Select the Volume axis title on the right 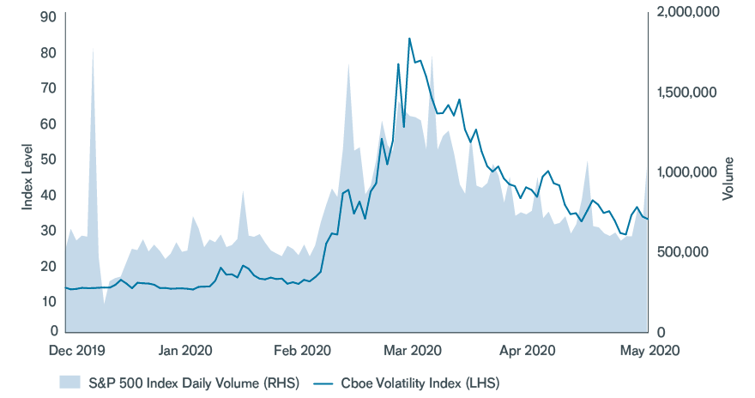tap(728, 178)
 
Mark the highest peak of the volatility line tap(409, 39)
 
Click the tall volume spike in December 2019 tap(93, 49)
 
